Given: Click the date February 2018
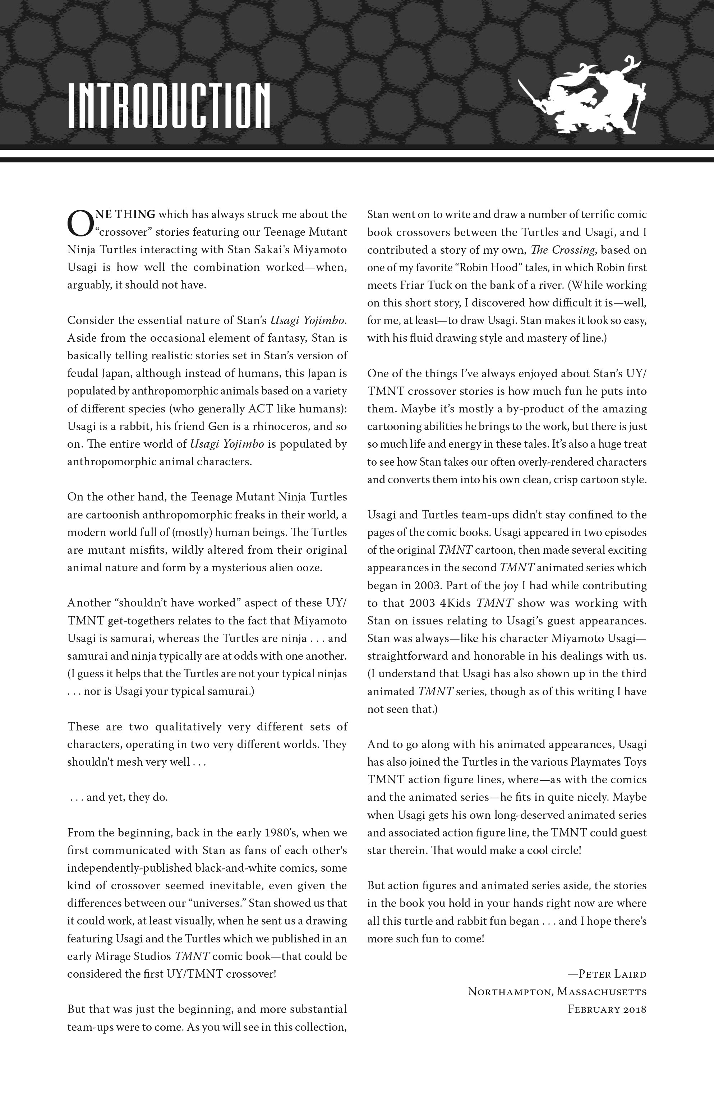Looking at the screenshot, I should [607, 1009].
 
